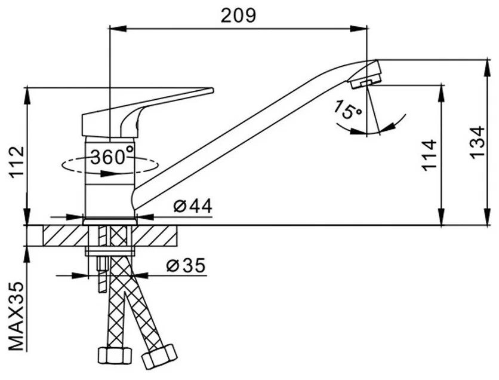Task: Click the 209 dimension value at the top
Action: click(238, 15)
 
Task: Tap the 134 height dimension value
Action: click(477, 143)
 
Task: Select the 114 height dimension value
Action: click(430, 155)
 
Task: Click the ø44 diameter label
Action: click(193, 206)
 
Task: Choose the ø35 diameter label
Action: click(185, 265)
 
